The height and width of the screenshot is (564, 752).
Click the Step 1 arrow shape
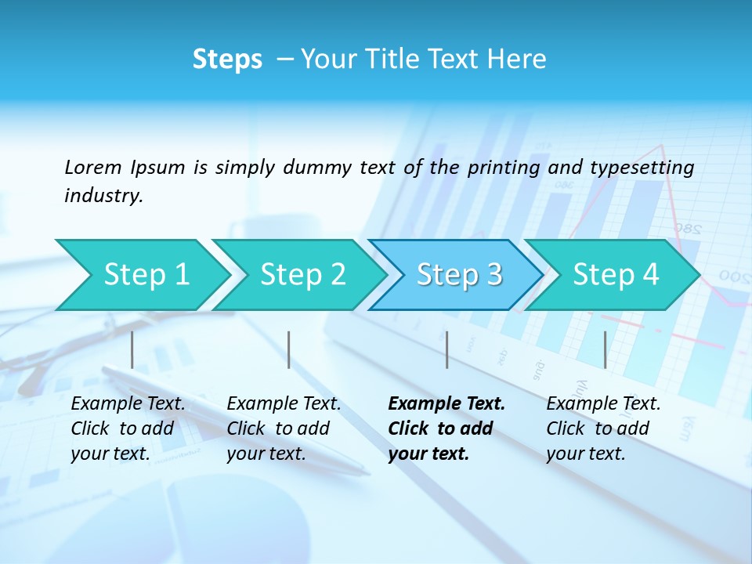[141, 274]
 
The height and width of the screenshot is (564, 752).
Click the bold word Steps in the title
[227, 60]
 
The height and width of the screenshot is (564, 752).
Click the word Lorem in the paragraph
[93, 167]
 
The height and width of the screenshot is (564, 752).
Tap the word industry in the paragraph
[103, 195]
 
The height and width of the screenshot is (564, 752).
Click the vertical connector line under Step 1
[132, 349]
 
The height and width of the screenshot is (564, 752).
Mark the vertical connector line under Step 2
[289, 349]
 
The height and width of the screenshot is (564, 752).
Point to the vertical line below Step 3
[446, 349]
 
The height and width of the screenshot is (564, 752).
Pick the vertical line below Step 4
[605, 349]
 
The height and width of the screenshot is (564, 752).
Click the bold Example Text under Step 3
[446, 404]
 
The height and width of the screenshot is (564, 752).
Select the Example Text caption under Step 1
[128, 404]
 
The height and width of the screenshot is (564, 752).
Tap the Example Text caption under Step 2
[284, 404]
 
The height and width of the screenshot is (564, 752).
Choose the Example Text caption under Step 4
[603, 404]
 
